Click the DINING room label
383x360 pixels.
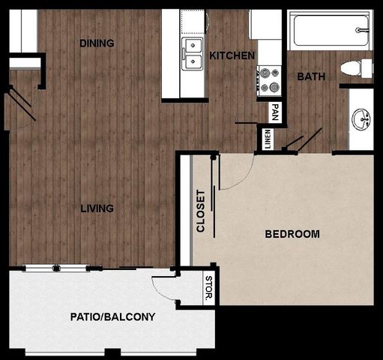97,43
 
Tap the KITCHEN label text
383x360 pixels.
232,55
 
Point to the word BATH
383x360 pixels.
310,76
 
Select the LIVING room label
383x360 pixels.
97,208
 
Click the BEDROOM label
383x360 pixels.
292,234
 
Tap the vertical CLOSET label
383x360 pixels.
200,211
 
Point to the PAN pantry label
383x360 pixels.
276,112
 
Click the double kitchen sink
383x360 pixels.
193,54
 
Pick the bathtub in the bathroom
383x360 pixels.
329,30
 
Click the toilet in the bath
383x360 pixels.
356,68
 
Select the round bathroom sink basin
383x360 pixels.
363,118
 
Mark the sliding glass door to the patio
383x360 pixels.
56,268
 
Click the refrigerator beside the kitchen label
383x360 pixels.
265,25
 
